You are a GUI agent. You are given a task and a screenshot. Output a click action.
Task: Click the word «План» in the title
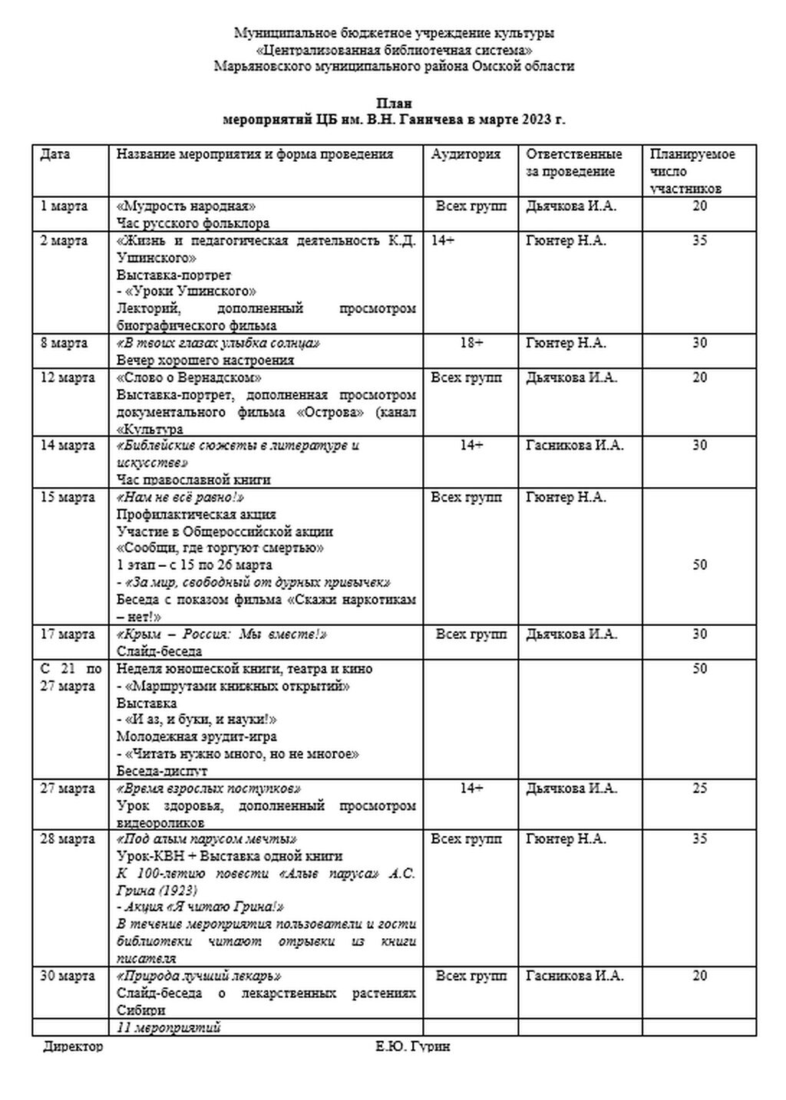click(x=394, y=104)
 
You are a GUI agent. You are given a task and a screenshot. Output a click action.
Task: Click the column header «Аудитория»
click(x=465, y=154)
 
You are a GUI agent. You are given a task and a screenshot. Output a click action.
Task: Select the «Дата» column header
click(x=55, y=154)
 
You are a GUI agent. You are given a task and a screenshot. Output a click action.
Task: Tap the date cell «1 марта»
click(x=64, y=206)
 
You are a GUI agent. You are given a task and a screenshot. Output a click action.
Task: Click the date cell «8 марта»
click(x=64, y=343)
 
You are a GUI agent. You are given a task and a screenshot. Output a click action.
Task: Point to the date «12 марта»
click(x=67, y=377)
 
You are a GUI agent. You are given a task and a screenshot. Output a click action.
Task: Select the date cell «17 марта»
click(x=67, y=634)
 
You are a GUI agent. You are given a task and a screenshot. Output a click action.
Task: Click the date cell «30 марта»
click(x=67, y=976)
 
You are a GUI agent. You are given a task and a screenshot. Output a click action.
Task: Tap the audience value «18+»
click(x=471, y=343)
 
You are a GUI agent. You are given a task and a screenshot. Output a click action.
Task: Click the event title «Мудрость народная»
click(x=186, y=206)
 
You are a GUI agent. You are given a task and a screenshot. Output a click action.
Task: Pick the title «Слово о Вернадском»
click(x=189, y=377)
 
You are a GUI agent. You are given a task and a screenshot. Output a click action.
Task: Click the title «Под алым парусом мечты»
click(x=206, y=839)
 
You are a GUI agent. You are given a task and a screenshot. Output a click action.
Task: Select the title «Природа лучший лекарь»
click(x=199, y=976)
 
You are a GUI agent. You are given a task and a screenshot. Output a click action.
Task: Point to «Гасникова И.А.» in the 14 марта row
click(x=575, y=446)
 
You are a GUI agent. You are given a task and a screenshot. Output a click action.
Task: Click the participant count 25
click(x=699, y=789)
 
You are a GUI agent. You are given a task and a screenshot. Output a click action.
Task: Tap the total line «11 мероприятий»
click(x=169, y=1027)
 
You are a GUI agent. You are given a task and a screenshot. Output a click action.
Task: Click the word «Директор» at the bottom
click(x=73, y=1046)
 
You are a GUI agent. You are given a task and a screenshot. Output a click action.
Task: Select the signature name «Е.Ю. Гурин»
click(x=413, y=1046)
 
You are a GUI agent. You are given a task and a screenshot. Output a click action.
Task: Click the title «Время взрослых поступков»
click(x=208, y=789)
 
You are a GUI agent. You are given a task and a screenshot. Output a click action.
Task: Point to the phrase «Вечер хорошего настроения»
click(x=205, y=360)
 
